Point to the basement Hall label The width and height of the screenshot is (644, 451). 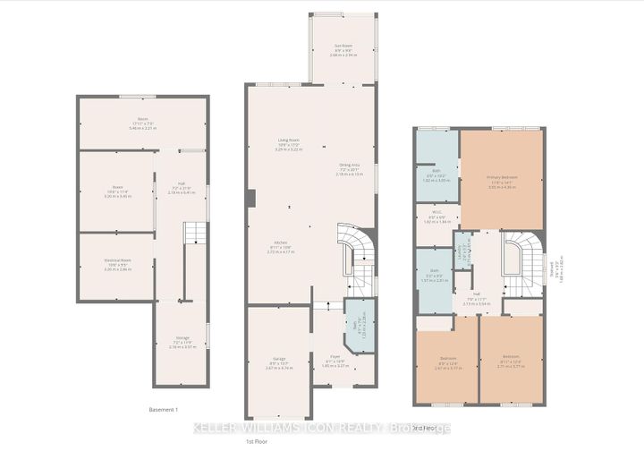point(182,190)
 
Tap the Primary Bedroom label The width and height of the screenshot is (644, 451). point(504,179)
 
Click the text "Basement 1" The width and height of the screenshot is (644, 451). point(164,409)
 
